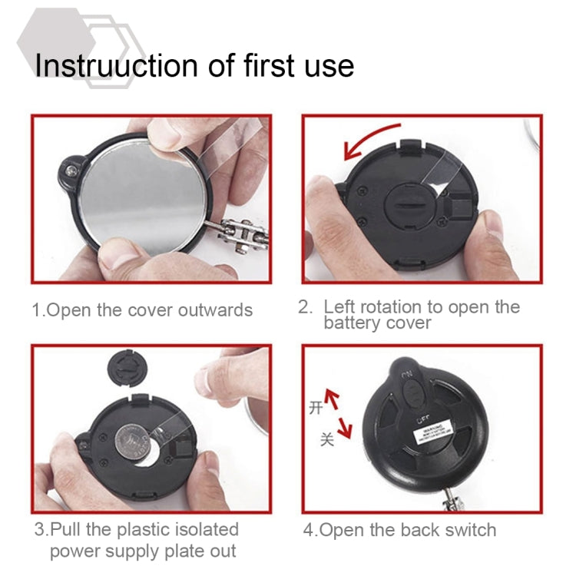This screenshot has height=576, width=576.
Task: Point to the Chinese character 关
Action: [x=327, y=439]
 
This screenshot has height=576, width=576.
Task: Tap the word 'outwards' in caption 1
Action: [x=215, y=310]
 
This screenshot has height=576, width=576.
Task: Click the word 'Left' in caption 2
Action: [x=340, y=306]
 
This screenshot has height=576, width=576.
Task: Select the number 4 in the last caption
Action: [x=308, y=529]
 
